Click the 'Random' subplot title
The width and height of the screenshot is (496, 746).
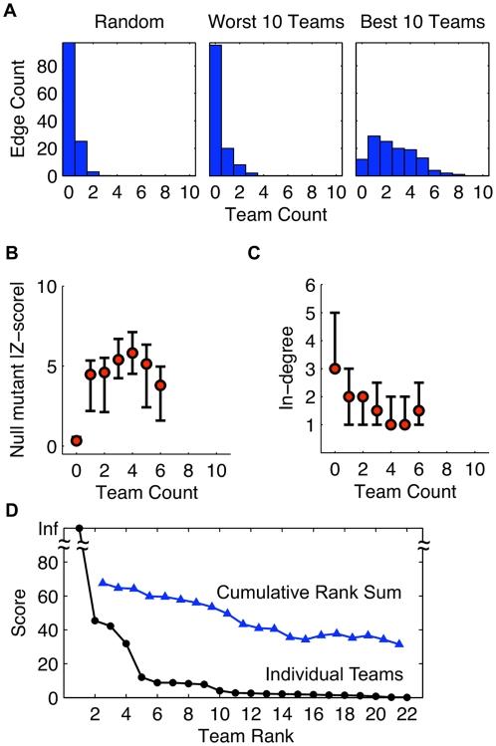click(x=124, y=21)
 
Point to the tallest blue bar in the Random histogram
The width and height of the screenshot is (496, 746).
click(x=69, y=110)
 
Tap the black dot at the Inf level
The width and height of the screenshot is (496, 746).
click(x=79, y=529)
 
